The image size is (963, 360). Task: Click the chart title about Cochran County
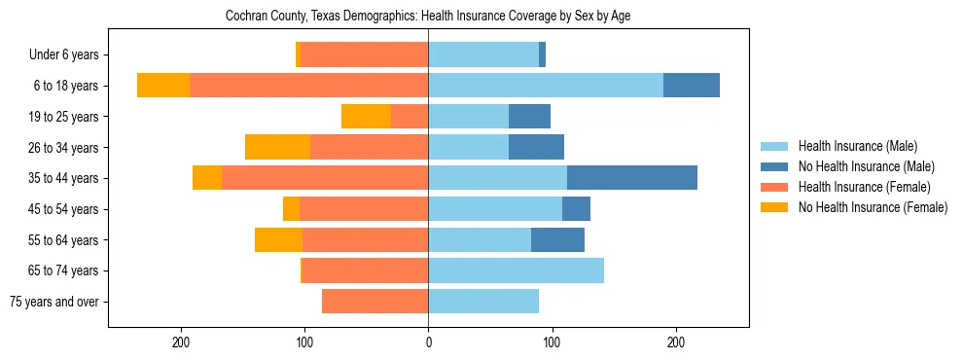428,17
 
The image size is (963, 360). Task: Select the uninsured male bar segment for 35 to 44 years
632,178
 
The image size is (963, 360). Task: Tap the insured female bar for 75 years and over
375,302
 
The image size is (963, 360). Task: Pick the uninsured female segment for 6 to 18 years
163,86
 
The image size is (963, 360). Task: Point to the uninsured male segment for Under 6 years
543,54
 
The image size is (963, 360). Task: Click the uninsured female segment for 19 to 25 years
366,117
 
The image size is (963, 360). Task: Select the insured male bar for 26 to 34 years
469,147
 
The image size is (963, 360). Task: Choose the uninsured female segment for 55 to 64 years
278,239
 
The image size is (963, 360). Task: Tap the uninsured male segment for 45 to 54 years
577,209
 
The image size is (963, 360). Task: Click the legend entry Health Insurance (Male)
857,146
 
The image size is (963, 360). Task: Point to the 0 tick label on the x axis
428,342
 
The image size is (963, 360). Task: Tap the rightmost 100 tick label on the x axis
552,342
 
